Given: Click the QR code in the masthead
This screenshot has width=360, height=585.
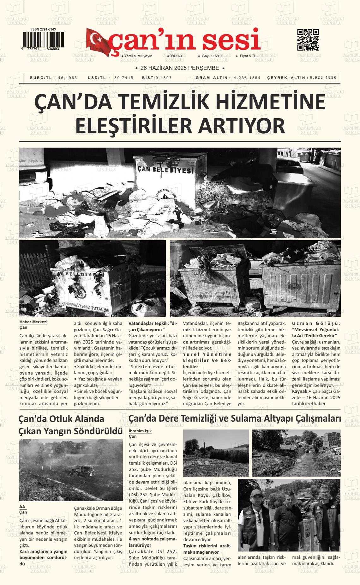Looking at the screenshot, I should tap(308, 40).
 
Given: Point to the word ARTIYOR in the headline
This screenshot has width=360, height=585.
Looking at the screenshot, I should tap(242, 125).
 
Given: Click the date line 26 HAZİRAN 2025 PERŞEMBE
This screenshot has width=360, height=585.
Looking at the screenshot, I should tap(180, 68).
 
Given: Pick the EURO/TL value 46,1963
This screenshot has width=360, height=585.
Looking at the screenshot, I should tap(68, 78).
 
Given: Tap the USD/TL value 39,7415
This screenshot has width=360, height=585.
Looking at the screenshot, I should tap(124, 78).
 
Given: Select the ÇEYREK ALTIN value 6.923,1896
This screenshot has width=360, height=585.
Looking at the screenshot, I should tap(323, 77).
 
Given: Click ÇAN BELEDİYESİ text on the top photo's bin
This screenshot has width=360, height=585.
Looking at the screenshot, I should tap(165, 170).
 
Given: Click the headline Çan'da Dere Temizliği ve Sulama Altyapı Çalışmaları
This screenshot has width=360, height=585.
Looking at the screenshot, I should tap(234, 418).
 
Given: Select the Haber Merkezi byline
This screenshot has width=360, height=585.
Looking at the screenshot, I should tap(33, 322).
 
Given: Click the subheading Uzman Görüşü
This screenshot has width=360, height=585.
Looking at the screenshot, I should tap(316, 323).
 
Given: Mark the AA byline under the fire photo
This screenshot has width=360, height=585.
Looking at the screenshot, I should tap(22, 506).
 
